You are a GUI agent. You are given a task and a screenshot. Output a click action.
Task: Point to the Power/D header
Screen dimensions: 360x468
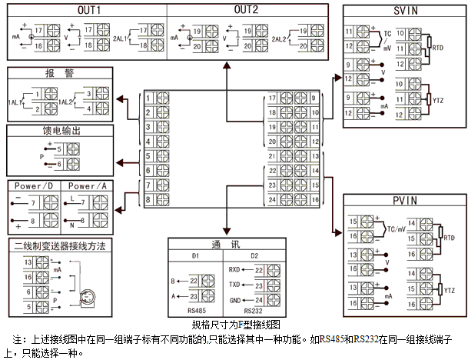pyautogui.click(x=35, y=186)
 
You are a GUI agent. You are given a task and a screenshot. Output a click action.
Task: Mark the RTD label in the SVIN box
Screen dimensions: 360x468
pyautogui.click(x=438, y=48)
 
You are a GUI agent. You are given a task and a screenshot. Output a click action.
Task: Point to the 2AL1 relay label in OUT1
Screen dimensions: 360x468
pyautogui.click(x=119, y=37)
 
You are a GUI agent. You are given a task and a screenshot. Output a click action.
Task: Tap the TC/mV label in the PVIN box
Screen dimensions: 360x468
pyautogui.click(x=398, y=229)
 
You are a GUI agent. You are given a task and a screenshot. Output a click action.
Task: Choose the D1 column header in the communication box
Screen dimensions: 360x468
pyautogui.click(x=195, y=255)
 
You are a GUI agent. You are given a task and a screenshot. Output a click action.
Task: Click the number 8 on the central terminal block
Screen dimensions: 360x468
pyautogui.click(x=147, y=201)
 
